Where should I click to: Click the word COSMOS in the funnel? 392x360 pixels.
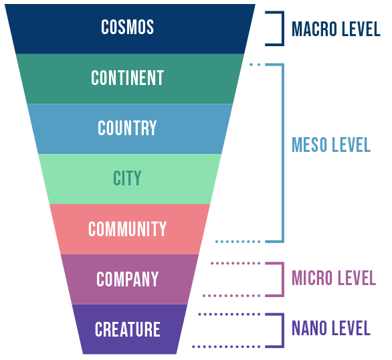point(128,27)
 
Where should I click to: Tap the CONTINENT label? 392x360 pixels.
point(128,78)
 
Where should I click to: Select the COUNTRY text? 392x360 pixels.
point(127,128)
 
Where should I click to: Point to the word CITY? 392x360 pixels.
point(127,178)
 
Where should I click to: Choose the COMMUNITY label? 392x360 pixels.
point(128,229)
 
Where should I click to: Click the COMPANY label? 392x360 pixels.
point(128,279)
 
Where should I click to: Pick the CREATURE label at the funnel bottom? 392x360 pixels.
point(128,329)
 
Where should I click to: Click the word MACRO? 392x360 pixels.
point(314,29)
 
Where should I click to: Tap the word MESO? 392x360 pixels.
point(310,145)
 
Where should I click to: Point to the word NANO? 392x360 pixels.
point(309,328)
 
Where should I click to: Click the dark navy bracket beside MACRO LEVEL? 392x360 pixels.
point(283,29)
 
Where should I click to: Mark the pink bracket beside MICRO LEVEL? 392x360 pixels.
point(283,280)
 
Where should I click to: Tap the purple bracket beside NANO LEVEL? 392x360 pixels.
point(283,331)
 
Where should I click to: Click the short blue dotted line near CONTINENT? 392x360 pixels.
point(255,65)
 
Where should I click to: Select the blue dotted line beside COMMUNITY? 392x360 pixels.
point(237,242)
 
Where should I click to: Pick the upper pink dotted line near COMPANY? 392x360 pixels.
point(235,263)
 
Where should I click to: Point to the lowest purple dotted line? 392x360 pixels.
point(226,347)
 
